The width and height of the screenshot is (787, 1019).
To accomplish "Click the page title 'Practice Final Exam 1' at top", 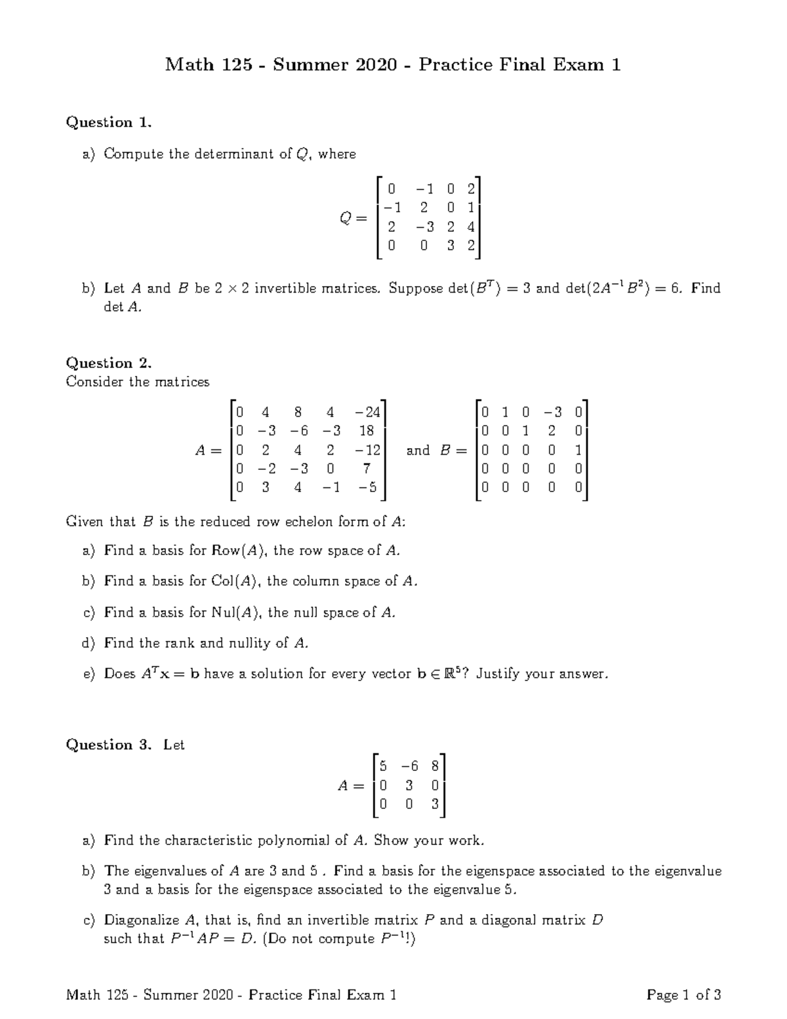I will [519, 64].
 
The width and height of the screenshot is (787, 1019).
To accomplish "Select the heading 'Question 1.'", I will [109, 122].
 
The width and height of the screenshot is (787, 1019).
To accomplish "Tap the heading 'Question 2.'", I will [109, 363].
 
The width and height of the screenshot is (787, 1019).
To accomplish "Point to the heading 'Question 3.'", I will [109, 745].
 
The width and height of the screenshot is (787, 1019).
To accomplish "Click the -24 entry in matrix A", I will [367, 413].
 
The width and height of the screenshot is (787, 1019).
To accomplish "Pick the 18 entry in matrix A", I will [367, 431].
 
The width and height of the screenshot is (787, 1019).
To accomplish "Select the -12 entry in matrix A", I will [367, 450].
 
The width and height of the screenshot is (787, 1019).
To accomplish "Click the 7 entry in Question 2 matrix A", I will [367, 468].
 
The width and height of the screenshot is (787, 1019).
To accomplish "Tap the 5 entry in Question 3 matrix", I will [384, 766].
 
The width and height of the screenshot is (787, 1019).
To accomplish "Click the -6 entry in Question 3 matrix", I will [409, 766].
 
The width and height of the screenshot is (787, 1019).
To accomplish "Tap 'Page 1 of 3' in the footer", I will [683, 995].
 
